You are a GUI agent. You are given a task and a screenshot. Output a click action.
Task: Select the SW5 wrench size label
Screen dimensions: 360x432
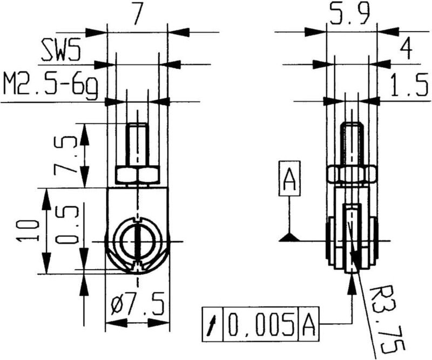tap(61, 52)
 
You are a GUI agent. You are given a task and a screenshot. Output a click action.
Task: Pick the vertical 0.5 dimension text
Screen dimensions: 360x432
tap(66, 223)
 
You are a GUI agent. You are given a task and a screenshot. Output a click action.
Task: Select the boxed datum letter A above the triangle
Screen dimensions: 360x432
tap(290, 180)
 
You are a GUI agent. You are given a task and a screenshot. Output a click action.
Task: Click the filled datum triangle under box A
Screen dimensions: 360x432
tap(290, 236)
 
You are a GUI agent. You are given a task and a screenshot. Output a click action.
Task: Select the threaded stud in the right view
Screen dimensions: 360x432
tap(352, 145)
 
